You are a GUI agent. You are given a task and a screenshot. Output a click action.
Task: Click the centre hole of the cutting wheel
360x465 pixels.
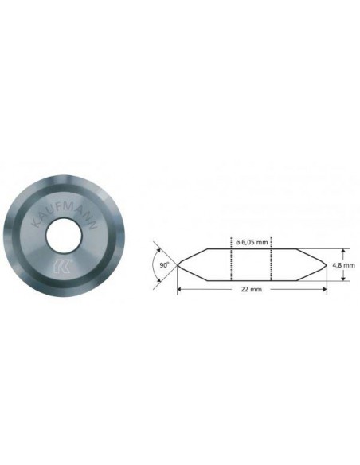pyautogui.click(x=64, y=236)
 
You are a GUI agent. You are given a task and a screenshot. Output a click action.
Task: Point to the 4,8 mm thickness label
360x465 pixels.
pyautogui.click(x=343, y=265)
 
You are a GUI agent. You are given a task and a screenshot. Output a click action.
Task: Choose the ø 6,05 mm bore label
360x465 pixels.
pyautogui.click(x=252, y=242)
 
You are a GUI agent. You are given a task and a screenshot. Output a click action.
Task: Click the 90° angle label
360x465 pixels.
pyautogui.click(x=164, y=265)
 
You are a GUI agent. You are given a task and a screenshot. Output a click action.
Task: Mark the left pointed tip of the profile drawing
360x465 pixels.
pyautogui.click(x=178, y=265)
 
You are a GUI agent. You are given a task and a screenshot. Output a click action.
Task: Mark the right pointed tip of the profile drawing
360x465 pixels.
pyautogui.click(x=327, y=265)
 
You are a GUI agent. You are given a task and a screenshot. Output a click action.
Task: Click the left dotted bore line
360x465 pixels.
pyautogui.click(x=231, y=259)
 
